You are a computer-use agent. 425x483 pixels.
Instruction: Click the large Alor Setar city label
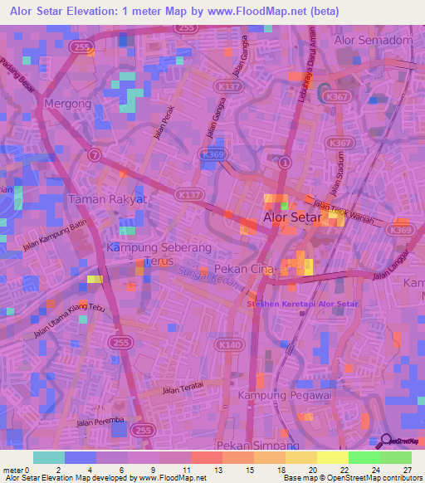tap(291, 217)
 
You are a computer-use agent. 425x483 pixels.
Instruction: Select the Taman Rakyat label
tap(107, 199)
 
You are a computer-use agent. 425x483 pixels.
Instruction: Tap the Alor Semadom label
tap(373, 40)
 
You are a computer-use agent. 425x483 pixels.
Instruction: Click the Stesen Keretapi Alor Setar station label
tap(303, 305)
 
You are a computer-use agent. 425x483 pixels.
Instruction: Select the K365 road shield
tap(213, 154)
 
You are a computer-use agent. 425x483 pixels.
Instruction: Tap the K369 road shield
tap(401, 230)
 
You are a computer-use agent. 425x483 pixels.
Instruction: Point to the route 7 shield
tap(95, 154)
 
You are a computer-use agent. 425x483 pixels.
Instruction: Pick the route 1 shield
tap(285, 161)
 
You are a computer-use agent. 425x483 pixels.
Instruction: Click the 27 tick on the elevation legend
tap(408, 470)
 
